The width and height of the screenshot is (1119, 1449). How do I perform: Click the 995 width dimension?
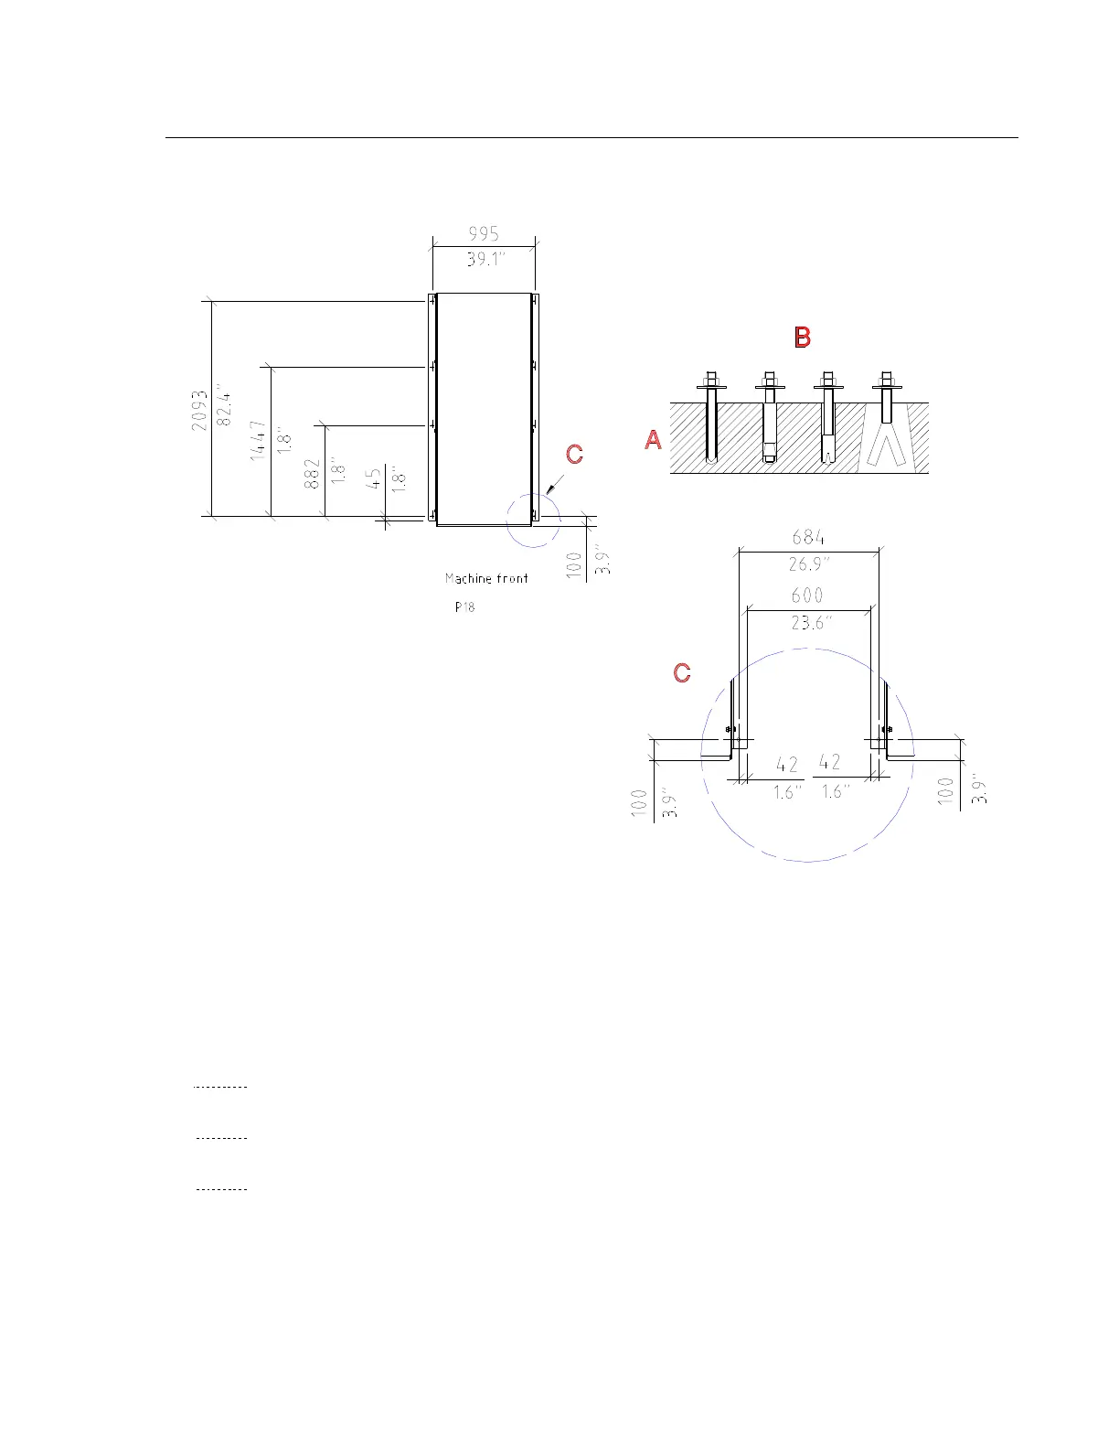[484, 233]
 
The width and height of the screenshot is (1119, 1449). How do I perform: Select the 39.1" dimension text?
[485, 259]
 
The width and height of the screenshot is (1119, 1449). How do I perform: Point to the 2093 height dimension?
[199, 410]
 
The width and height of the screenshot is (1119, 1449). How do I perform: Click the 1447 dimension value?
[258, 440]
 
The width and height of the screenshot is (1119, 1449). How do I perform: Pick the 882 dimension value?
[312, 474]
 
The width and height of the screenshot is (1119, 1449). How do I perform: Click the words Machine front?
[486, 578]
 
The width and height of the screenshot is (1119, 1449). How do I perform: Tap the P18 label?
[464, 606]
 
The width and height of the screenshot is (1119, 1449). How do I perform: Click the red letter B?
[803, 337]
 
